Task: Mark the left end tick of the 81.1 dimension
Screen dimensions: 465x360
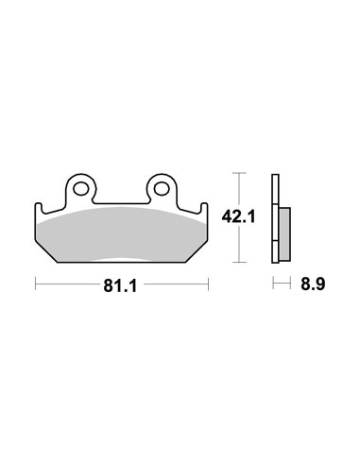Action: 35,283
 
